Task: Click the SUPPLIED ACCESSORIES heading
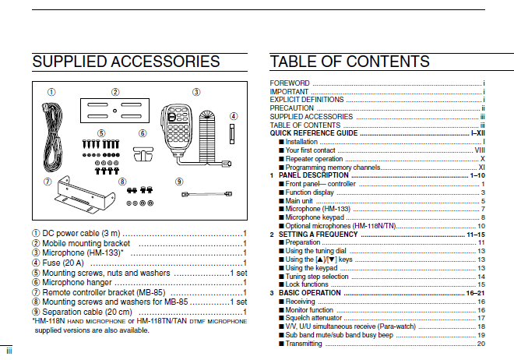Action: click(x=126, y=62)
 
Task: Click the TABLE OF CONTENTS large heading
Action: click(x=349, y=62)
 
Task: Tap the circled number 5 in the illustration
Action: click(x=101, y=133)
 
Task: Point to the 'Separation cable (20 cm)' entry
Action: click(x=93, y=312)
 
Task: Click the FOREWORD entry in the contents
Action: click(x=290, y=83)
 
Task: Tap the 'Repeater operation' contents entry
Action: click(x=314, y=159)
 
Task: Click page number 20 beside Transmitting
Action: click(x=481, y=343)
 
